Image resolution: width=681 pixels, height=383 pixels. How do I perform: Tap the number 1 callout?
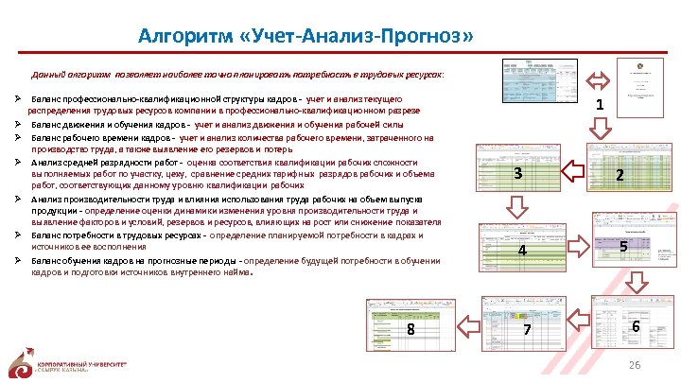601,106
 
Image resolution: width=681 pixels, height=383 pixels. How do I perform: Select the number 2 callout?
619,175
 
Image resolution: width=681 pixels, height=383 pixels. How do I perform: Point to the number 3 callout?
517,173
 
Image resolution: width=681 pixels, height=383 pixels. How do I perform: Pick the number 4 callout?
522,251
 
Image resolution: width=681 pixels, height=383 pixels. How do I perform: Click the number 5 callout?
623,247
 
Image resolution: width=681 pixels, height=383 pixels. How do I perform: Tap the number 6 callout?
636,325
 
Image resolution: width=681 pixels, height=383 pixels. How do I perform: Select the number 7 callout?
528,329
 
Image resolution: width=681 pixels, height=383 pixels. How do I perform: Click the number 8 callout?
410,329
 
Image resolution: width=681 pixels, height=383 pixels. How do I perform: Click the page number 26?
636,365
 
